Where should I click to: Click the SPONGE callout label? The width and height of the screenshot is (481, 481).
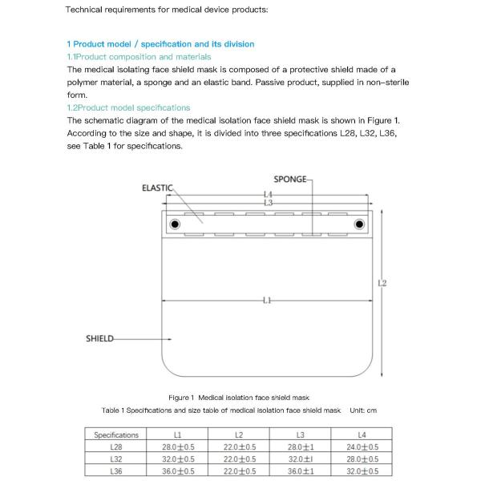[289, 179]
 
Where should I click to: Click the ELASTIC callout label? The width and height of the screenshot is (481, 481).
[157, 188]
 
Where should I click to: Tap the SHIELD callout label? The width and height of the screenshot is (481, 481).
[99, 338]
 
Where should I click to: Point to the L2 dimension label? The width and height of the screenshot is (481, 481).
[382, 283]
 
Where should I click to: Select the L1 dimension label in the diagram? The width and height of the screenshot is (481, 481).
[267, 301]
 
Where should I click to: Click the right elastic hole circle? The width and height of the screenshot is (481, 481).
[359, 223]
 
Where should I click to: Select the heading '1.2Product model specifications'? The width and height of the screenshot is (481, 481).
[128, 107]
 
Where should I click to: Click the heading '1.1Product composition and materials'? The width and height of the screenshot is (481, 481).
[139, 57]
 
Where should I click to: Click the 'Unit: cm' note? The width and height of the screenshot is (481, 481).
[363, 410]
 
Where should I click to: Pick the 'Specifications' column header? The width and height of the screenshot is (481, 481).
[116, 435]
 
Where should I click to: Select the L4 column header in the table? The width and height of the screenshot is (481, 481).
[362, 435]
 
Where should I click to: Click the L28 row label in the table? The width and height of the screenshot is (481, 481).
[116, 447]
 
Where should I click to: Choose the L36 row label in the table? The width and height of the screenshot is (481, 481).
[116, 471]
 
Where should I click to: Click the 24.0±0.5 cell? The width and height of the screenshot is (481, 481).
[362, 447]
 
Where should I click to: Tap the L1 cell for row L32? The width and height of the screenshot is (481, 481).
[178, 459]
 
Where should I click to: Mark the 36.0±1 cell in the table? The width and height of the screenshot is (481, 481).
[300, 471]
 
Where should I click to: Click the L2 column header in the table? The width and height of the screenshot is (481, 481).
[239, 435]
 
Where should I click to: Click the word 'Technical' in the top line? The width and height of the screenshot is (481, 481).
[84, 10]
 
